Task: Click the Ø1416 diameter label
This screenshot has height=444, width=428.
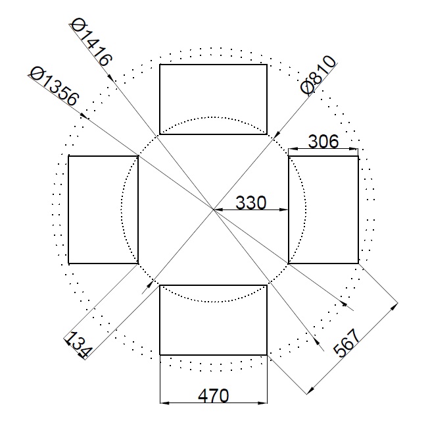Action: pyautogui.click(x=91, y=42)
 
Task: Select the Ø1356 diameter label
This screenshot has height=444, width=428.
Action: pyautogui.click(x=54, y=86)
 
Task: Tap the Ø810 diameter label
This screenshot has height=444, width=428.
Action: pyautogui.click(x=318, y=74)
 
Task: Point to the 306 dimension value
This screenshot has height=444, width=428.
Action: pyautogui.click(x=323, y=141)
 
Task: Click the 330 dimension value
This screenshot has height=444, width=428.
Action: pyautogui.click(x=250, y=203)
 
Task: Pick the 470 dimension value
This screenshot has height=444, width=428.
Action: pyautogui.click(x=214, y=395)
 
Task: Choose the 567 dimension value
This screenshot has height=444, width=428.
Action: pyautogui.click(x=346, y=342)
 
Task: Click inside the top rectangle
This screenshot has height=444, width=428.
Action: pyautogui.click(x=213, y=99)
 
